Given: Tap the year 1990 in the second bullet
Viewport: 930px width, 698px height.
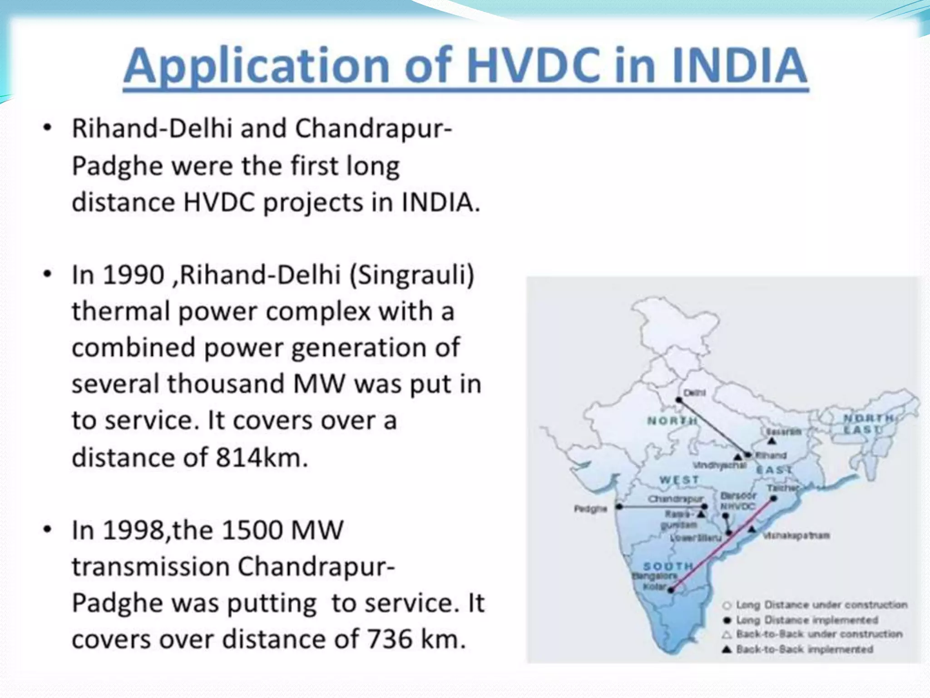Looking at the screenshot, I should click(134, 275).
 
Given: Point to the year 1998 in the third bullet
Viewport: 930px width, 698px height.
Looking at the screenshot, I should click(134, 531).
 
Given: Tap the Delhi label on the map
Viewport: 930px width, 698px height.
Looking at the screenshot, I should click(694, 393).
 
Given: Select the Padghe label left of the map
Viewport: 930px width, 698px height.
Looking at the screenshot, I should click(590, 509).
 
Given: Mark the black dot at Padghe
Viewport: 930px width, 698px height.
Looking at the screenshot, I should click(619, 507).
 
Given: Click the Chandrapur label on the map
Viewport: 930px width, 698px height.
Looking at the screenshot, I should click(675, 499).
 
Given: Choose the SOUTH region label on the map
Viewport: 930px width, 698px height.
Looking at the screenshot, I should click(668, 566).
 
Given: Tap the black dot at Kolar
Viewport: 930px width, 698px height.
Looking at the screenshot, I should click(671, 590).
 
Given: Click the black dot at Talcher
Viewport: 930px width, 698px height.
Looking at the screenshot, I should click(774, 499).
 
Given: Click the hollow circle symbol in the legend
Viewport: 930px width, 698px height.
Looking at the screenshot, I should click(727, 605).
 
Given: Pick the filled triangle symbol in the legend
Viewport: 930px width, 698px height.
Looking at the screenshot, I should click(727, 649).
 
